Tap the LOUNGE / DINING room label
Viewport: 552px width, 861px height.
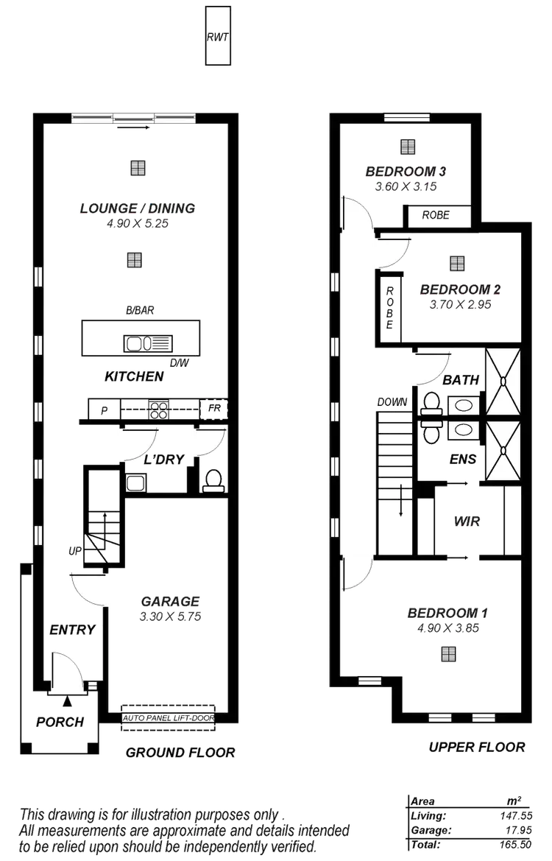pos(138,208)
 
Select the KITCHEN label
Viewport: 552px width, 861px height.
pos(134,376)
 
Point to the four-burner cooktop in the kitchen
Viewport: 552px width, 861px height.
pos(159,409)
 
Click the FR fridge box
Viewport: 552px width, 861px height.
pos(214,408)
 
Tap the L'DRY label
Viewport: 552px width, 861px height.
pos(163,460)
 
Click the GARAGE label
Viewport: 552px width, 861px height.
pos(170,601)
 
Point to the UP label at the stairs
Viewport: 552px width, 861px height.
pos(74,550)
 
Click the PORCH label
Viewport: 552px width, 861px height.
pos(60,722)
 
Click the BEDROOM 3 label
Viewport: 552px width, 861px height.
pos(406,172)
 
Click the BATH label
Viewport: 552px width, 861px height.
pos(461,381)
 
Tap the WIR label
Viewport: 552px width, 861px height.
pos(467,521)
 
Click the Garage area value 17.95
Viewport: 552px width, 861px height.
pos(509,829)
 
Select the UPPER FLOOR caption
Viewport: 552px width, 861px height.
pos(477,747)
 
